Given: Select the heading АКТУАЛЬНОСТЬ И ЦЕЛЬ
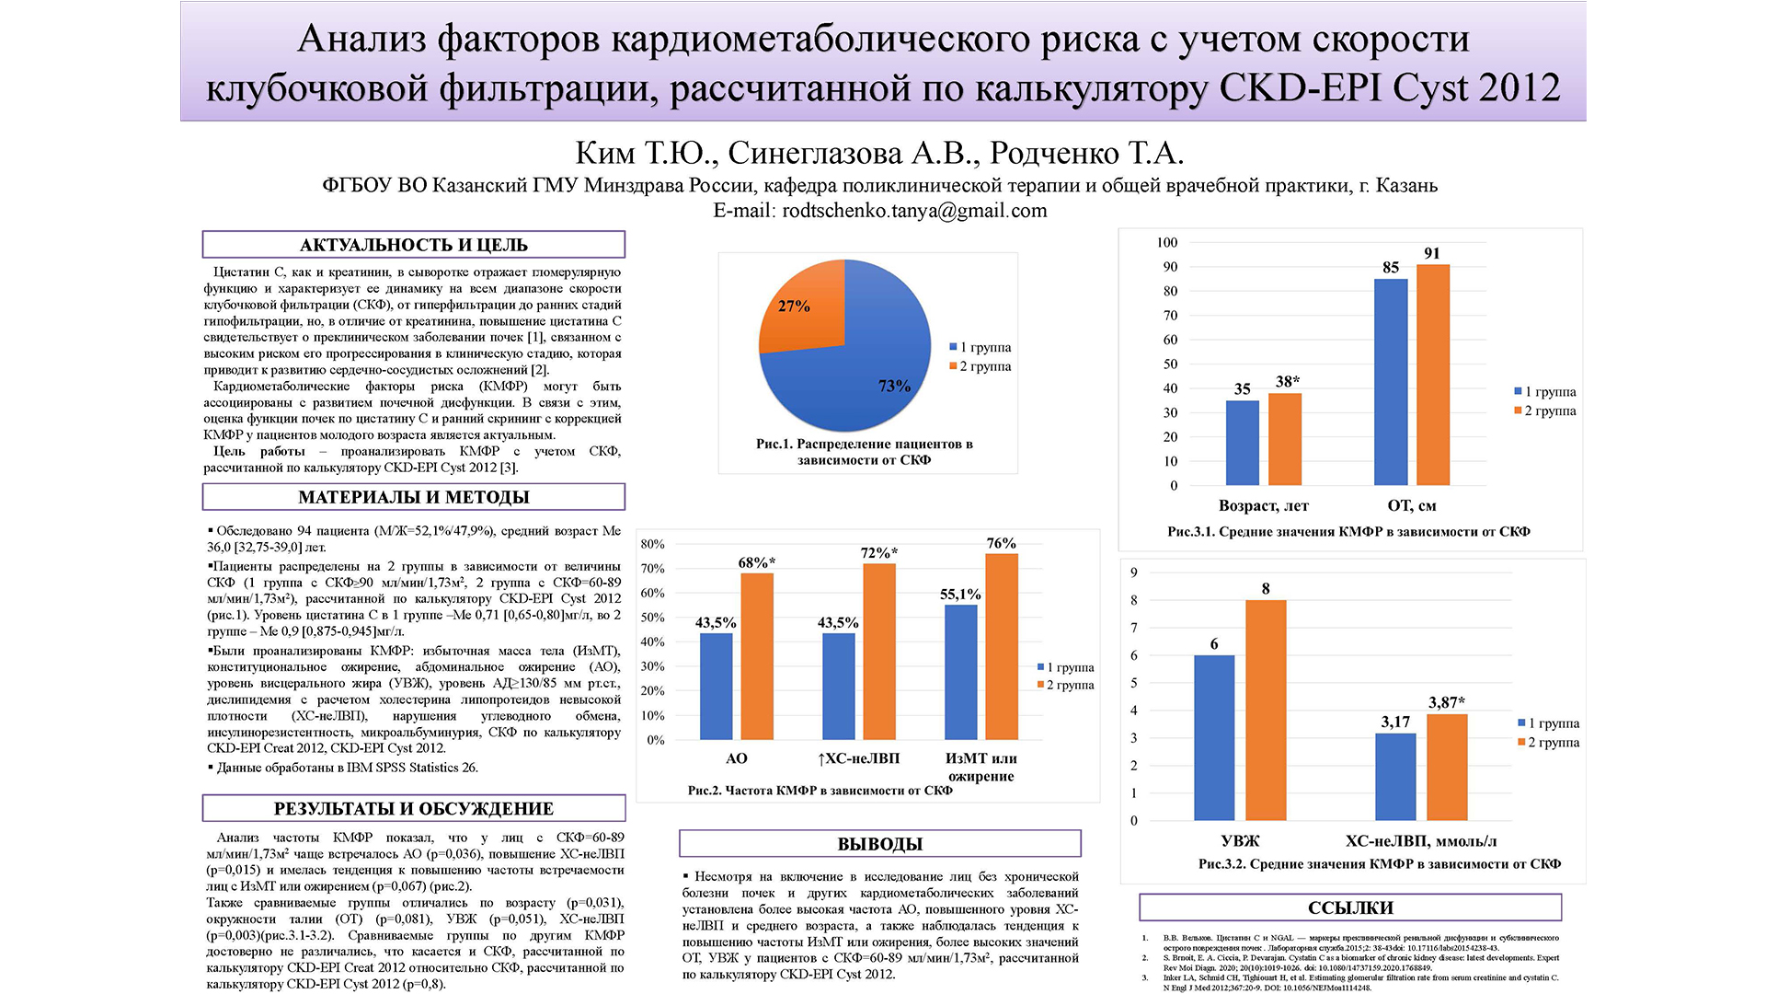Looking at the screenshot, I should pyautogui.click(x=413, y=245).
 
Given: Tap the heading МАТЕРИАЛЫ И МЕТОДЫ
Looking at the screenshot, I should pyautogui.click(x=413, y=497).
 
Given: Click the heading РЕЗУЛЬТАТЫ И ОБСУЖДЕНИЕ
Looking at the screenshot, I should pyautogui.click(x=413, y=809).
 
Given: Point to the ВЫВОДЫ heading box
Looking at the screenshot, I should pyautogui.click(x=879, y=844).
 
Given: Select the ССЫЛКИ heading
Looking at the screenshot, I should pyautogui.click(x=1350, y=907).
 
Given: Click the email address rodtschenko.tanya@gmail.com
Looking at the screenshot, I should pyautogui.click(x=914, y=211).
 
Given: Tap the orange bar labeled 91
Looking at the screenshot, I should pyautogui.click(x=1433, y=375).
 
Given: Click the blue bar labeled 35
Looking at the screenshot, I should pyautogui.click(x=1242, y=443).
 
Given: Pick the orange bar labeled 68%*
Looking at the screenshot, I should pyautogui.click(x=757, y=656).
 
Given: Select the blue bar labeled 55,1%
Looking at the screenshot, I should pyautogui.click(x=960, y=672).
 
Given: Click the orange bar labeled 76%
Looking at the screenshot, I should pyautogui.click(x=1002, y=646).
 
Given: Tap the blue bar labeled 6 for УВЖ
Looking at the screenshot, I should pyautogui.click(x=1214, y=737).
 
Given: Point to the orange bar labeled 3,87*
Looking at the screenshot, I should pyautogui.click(x=1447, y=767).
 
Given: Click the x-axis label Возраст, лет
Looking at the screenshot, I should pyautogui.click(x=1263, y=505).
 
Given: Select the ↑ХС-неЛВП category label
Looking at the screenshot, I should pyautogui.click(x=858, y=758).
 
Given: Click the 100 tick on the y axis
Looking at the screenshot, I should pyautogui.click(x=1166, y=243).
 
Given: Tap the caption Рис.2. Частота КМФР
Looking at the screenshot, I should pyautogui.click(x=820, y=791).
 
